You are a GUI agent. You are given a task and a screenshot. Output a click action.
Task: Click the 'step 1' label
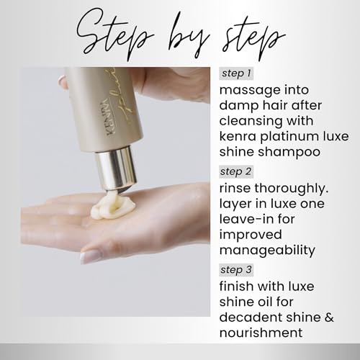point(236,73)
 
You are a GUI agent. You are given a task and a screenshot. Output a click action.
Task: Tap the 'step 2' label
point(236,171)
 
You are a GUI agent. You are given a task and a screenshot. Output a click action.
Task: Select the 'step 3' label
point(236,270)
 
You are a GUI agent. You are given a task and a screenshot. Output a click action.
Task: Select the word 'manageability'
point(267,251)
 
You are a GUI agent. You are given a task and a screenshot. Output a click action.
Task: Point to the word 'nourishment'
point(261,333)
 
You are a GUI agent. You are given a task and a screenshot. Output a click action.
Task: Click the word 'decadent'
point(248,318)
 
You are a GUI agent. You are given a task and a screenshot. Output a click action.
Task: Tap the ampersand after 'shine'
point(329,318)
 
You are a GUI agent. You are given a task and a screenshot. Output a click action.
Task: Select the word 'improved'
point(251,235)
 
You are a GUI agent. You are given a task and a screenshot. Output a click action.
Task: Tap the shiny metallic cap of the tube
point(116,168)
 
